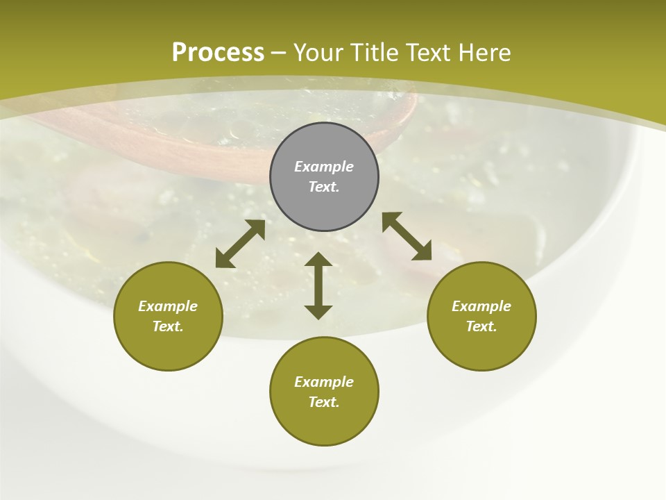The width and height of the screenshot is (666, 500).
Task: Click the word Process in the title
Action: coord(218,52)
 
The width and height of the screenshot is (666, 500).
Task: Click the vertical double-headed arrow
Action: coord(318,285)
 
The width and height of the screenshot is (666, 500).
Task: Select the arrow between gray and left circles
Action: coord(240,244)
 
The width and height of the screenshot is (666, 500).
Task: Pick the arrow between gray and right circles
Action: coord(407,236)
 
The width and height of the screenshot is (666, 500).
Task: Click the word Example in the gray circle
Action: coord(324,167)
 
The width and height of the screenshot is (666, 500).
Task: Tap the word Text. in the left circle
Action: coord(168,326)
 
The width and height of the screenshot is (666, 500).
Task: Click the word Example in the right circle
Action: coord(481,306)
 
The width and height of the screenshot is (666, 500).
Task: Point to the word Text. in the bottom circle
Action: coord(324,402)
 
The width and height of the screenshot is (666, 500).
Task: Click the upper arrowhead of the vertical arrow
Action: coord(318,260)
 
